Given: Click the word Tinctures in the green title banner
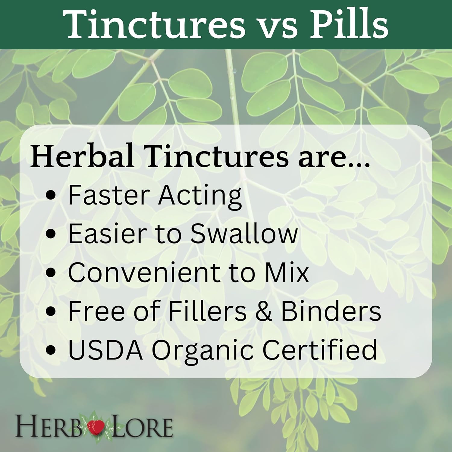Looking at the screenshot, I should click(x=154, y=25).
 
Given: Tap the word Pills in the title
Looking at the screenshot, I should click(x=349, y=25).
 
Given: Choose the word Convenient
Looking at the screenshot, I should click(x=145, y=272).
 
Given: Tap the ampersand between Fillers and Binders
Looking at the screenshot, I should click(x=263, y=311).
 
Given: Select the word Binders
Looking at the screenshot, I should click(x=331, y=311).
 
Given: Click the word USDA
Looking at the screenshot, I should click(x=105, y=350).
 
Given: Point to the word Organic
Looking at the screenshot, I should click(x=202, y=351).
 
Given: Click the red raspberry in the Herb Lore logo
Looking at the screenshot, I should click(x=96, y=426).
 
